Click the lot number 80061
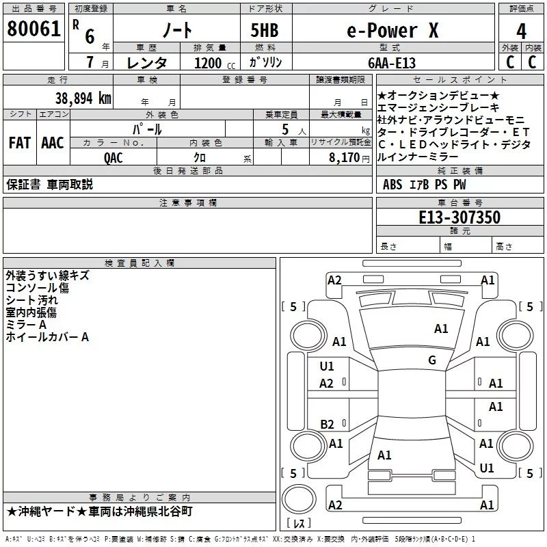coord(33,29)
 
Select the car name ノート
coord(176,30)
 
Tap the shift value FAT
coord(19,143)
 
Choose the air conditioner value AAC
coord(53,143)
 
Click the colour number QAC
coord(114,157)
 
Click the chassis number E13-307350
coord(459,217)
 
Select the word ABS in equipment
coord(392,184)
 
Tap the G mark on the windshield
coord(432,360)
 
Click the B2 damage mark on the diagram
coord(327,424)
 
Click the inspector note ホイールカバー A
coord(47,337)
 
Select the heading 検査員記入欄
coord(139,263)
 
